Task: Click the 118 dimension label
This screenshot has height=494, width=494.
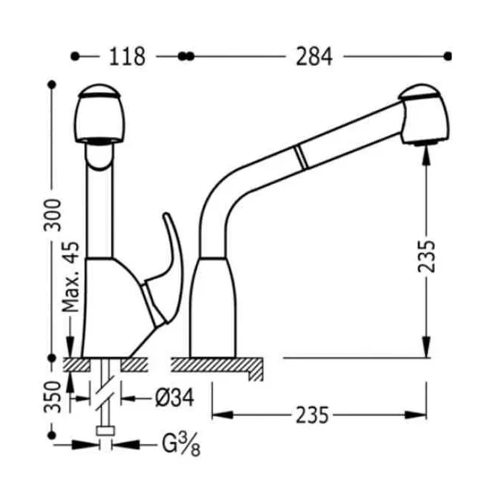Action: pyautogui.click(x=127, y=57)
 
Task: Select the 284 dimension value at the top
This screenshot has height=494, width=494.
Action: pyautogui.click(x=314, y=57)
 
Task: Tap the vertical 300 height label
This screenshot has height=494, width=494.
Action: pyautogui.click(x=52, y=215)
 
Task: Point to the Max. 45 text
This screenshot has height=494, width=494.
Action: pyautogui.click(x=70, y=277)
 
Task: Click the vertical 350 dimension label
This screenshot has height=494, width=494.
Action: pyautogui.click(x=52, y=397)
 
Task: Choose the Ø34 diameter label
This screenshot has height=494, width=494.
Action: pyautogui.click(x=174, y=397)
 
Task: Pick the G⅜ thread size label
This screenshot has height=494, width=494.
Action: pyautogui.click(x=181, y=444)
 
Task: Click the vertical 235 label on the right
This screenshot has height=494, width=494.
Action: pyautogui.click(x=427, y=256)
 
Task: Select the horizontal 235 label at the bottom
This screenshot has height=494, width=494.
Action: pyautogui.click(x=312, y=415)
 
